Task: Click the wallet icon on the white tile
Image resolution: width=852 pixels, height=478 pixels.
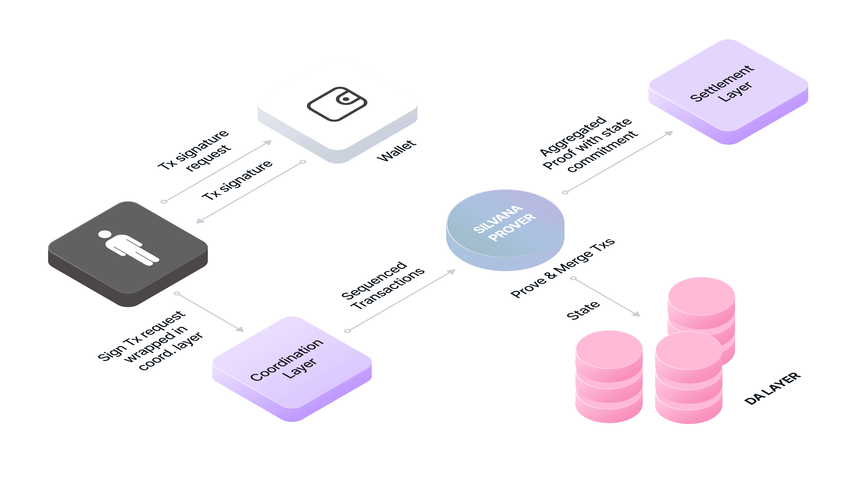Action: (x=337, y=104)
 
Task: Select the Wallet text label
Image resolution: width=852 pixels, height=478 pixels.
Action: (x=396, y=151)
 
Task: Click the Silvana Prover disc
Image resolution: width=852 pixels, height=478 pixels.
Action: (x=505, y=228)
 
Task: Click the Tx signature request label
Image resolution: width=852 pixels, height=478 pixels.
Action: (x=194, y=151)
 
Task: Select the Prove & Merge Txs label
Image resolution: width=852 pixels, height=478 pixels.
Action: (x=562, y=268)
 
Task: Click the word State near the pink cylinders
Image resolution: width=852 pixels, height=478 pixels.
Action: (x=583, y=310)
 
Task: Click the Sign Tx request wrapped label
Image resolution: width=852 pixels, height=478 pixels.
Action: (x=150, y=341)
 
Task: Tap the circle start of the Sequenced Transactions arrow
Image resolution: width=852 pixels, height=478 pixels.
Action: (x=347, y=331)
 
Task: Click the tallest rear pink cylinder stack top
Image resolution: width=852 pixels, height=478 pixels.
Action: (x=701, y=296)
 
